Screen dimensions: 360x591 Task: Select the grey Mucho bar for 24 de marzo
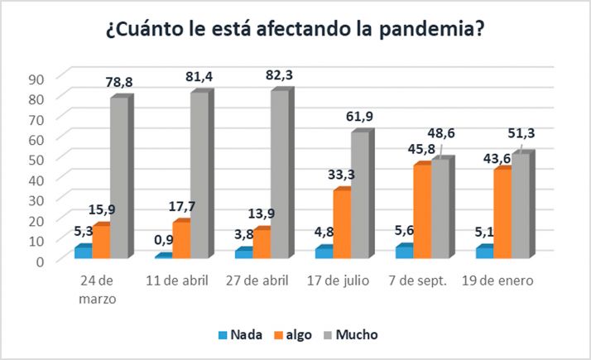[x=119, y=177]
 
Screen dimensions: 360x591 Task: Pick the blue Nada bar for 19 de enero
[x=482, y=252]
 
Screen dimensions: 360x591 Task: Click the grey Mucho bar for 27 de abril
[x=280, y=174]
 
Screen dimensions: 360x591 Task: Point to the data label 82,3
[x=280, y=75]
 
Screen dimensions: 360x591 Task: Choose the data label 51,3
[x=520, y=137]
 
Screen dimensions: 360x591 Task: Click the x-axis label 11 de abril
[x=180, y=281]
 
